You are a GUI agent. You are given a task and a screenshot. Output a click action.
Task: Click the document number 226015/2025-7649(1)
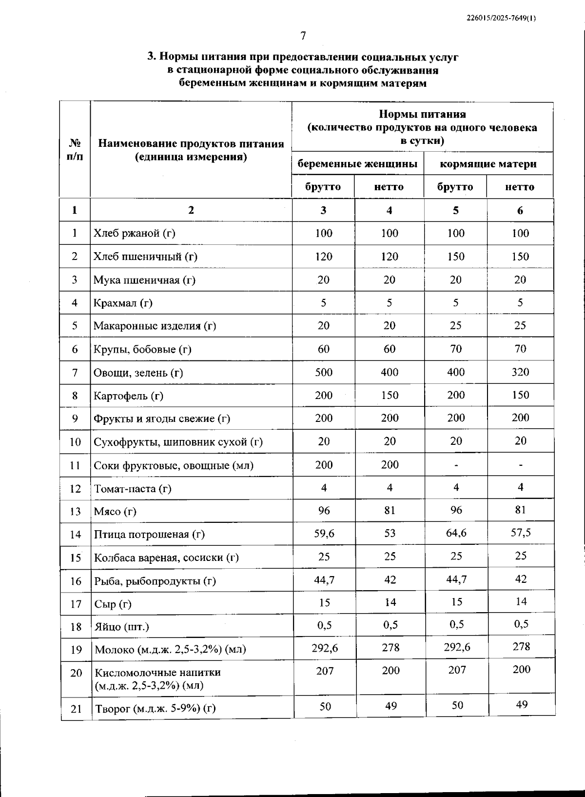[501, 18]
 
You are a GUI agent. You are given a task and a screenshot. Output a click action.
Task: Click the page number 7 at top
[303, 36]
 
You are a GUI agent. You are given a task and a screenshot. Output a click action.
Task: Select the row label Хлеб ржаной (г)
[134, 233]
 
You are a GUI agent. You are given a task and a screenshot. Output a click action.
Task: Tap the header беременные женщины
[357, 164]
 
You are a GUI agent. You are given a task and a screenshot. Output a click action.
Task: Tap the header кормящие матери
[488, 164]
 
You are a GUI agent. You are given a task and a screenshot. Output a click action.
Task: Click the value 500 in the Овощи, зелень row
[324, 372]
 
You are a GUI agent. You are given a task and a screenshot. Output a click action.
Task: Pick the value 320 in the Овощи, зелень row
[520, 372]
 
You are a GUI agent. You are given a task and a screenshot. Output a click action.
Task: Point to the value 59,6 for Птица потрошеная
[324, 533]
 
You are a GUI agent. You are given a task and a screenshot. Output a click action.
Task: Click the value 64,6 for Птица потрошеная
[456, 533]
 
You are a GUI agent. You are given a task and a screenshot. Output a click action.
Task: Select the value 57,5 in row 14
[521, 533]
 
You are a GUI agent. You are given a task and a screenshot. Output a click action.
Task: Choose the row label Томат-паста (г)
[132, 488]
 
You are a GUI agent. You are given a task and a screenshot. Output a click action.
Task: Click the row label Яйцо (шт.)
[121, 627]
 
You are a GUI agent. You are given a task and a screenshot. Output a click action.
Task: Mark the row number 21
[76, 709]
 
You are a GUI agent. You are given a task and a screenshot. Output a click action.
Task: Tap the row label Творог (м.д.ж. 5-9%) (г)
[155, 708]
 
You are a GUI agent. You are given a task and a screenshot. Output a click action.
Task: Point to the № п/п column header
[75, 150]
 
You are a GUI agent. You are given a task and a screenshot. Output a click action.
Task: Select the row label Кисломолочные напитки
[157, 673]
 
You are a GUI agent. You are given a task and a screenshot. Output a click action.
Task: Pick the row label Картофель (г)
[128, 396]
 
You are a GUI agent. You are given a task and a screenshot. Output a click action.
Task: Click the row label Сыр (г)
[113, 604]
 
